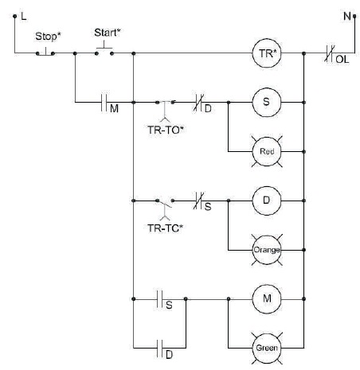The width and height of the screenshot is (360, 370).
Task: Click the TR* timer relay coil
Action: click(x=266, y=53)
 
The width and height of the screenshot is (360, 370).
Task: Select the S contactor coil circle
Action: click(x=266, y=102)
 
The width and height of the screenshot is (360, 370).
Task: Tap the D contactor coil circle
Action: click(x=266, y=201)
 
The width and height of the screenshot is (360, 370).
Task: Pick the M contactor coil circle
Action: click(x=266, y=299)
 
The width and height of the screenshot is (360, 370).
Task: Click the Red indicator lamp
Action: click(x=267, y=151)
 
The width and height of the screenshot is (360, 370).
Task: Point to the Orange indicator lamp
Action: click(x=267, y=250)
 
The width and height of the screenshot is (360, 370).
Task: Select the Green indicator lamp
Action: click(x=267, y=348)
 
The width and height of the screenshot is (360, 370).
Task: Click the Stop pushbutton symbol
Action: click(x=45, y=53)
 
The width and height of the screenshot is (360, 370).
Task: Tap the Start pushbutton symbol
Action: click(x=104, y=49)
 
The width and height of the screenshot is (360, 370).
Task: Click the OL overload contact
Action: click(x=330, y=53)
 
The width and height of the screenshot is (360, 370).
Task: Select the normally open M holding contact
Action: click(x=104, y=102)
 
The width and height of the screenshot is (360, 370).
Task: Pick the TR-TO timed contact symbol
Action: click(x=165, y=109)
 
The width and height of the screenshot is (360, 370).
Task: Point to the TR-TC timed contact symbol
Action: click(x=165, y=209)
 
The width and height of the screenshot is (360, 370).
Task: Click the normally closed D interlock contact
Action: click(x=198, y=103)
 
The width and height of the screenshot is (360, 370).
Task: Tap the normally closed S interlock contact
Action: click(x=198, y=201)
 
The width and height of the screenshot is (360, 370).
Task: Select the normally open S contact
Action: click(x=160, y=299)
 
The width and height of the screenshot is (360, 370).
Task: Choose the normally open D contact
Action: click(x=160, y=348)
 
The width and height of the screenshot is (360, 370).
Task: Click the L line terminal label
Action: click(x=24, y=17)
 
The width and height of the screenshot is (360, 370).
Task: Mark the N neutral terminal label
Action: click(x=347, y=16)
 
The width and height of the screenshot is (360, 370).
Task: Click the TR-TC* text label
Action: click(x=165, y=228)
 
